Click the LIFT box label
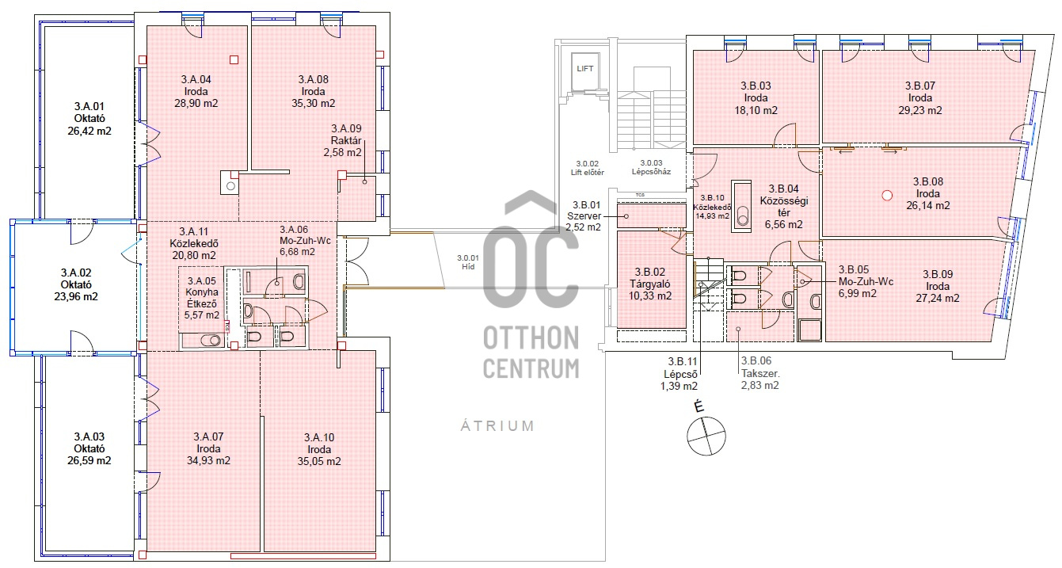(x=584, y=69)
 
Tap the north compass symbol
(x=706, y=435)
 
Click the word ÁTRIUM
(x=497, y=425)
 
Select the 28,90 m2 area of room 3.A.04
(x=196, y=103)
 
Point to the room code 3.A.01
(x=89, y=106)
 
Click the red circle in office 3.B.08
(x=887, y=195)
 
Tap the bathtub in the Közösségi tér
(x=741, y=206)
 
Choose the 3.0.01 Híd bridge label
(x=468, y=262)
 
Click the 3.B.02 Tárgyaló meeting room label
(x=650, y=284)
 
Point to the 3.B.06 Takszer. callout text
(x=760, y=373)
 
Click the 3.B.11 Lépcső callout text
(x=680, y=374)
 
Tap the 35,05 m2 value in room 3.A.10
(x=319, y=461)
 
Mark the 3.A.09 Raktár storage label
(x=344, y=140)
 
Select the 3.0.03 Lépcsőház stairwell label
(x=652, y=167)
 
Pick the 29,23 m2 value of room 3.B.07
(x=920, y=110)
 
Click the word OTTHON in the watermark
(x=531, y=338)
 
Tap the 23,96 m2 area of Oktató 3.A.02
(x=76, y=297)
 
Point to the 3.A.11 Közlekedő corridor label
(x=194, y=243)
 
